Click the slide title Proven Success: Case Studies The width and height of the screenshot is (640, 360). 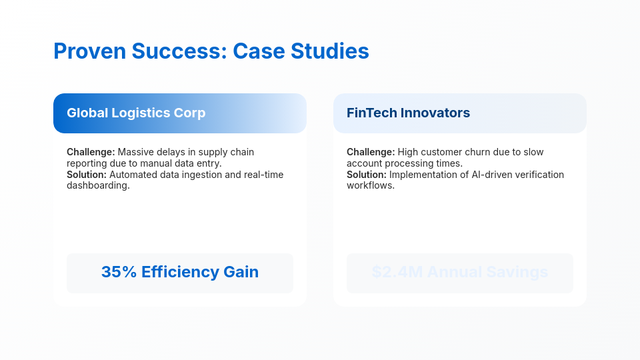211,51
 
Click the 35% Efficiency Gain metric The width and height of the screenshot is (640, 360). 180,272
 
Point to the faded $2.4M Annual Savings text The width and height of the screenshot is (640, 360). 460,272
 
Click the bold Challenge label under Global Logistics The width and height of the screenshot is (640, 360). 91,152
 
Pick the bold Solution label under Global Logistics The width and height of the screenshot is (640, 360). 87,175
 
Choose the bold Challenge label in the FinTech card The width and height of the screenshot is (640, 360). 371,152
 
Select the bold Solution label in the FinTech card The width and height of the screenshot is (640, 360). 367,175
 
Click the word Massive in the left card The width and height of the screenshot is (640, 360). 136,152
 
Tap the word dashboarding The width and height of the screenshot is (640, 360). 98,185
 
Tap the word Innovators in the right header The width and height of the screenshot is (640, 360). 436,113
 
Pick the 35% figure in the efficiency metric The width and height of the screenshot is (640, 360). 119,272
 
